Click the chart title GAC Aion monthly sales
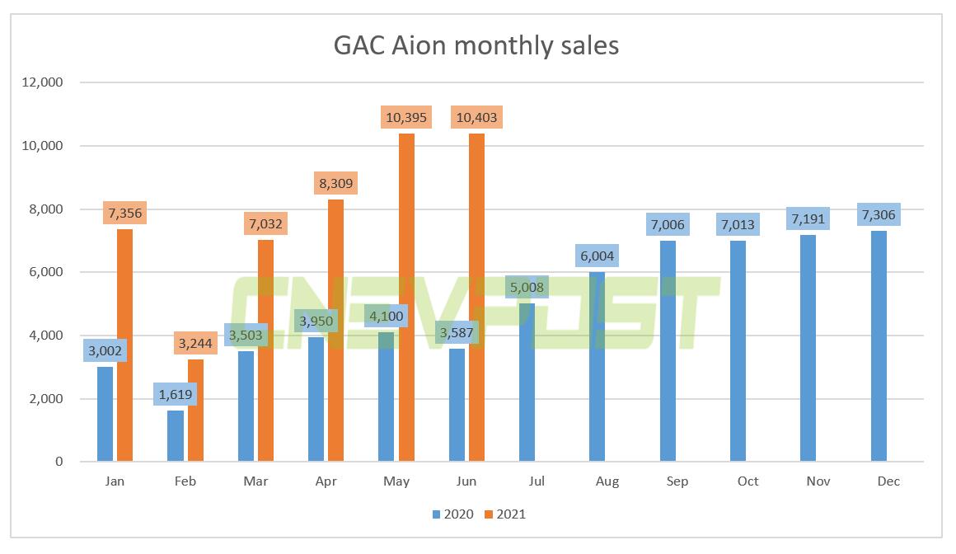pyautogui.click(x=476, y=45)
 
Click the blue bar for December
pyautogui.click(x=879, y=346)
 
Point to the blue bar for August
pyautogui.click(x=597, y=367)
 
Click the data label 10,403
pyautogui.click(x=476, y=118)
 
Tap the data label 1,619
pyautogui.click(x=175, y=394)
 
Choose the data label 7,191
pyautogui.click(x=808, y=218)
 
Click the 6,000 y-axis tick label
pyautogui.click(x=49, y=272)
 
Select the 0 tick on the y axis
pyautogui.click(x=59, y=462)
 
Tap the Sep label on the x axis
pyautogui.click(x=677, y=481)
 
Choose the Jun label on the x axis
pyautogui.click(x=466, y=481)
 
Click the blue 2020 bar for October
pyautogui.click(x=738, y=351)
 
